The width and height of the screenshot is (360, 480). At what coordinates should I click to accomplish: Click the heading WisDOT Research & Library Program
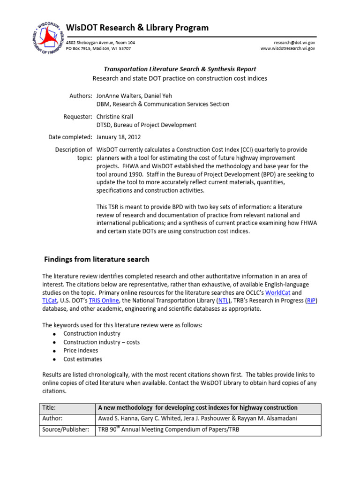(x=137, y=28)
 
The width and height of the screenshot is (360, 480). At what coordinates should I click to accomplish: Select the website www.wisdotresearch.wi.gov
(x=288, y=48)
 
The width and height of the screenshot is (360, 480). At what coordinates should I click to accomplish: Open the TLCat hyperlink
(x=49, y=300)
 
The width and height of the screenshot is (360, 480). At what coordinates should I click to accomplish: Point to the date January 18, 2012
(x=118, y=137)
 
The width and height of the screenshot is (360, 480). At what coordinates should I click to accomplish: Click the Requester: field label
(x=77, y=116)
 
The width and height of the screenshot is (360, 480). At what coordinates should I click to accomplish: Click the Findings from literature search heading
(x=97, y=259)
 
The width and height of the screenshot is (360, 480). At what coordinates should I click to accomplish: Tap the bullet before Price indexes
(x=54, y=351)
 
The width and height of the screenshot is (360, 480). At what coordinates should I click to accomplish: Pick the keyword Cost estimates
(x=82, y=359)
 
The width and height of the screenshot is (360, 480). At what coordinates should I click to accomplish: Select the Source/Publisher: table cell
(x=66, y=430)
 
